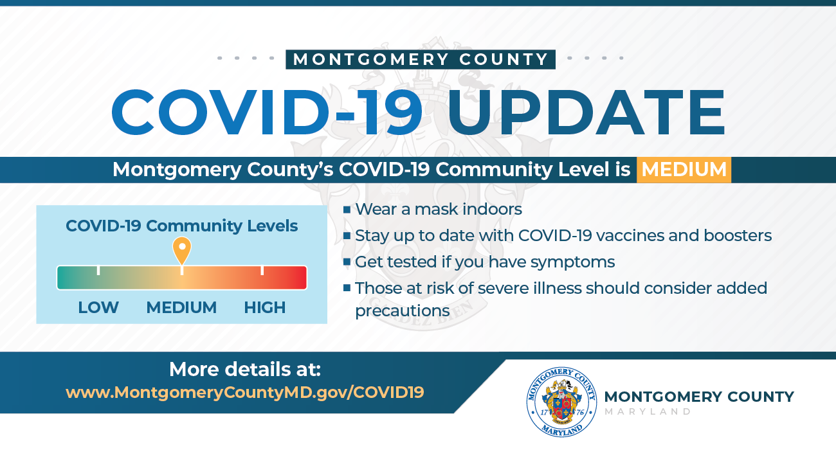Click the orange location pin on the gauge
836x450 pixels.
point(182,249)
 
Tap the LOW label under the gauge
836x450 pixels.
point(98,308)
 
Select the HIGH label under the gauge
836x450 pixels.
point(264,308)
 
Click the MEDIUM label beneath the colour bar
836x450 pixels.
point(181,308)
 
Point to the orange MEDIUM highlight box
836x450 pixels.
point(684,170)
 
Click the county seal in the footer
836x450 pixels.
point(561,402)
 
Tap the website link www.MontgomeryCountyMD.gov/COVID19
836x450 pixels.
point(245,392)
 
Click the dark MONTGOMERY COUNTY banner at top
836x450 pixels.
point(421,60)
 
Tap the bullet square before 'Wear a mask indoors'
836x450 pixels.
point(347,210)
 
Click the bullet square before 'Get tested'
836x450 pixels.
point(347,262)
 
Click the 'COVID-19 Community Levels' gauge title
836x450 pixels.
point(182,226)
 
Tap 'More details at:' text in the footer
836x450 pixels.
point(244,370)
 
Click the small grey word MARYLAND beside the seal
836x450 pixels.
point(648,411)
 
